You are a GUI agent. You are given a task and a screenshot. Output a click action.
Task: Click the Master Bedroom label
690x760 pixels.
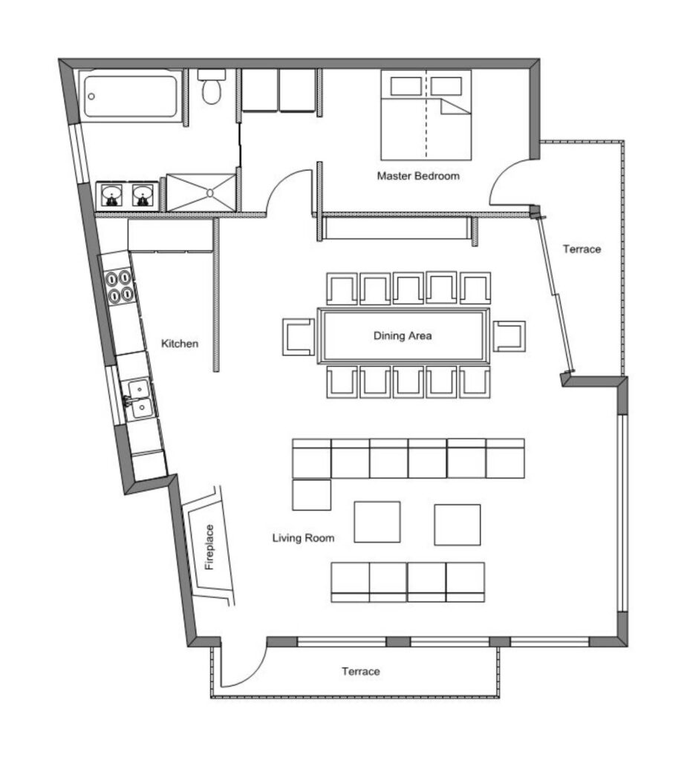[418, 176]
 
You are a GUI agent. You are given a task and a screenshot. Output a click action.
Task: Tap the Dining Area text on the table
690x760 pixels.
[403, 335]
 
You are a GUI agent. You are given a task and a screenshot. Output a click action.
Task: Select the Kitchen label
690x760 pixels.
[180, 344]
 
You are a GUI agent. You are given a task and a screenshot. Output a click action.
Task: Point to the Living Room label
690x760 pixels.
[303, 538]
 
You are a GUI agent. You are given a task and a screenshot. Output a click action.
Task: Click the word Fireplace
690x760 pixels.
[209, 547]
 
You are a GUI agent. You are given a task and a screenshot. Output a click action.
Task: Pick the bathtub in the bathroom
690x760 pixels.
[130, 96]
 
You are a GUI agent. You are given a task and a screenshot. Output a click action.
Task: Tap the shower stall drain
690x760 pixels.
[210, 192]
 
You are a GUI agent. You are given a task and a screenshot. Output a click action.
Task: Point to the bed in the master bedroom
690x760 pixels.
[426, 115]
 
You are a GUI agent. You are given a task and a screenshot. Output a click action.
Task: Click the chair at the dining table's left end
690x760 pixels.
[299, 337]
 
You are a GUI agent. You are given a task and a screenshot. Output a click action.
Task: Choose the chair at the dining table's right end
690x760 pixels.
[509, 336]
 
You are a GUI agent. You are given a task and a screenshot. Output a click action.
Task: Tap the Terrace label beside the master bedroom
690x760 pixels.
[582, 249]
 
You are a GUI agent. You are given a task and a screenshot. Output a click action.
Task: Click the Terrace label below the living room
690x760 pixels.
[361, 671]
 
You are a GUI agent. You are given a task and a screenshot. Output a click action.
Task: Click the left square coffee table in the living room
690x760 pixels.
[377, 522]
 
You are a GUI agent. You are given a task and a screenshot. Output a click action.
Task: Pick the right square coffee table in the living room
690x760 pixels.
[458, 525]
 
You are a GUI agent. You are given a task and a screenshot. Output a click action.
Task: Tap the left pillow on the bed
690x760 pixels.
[406, 86]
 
